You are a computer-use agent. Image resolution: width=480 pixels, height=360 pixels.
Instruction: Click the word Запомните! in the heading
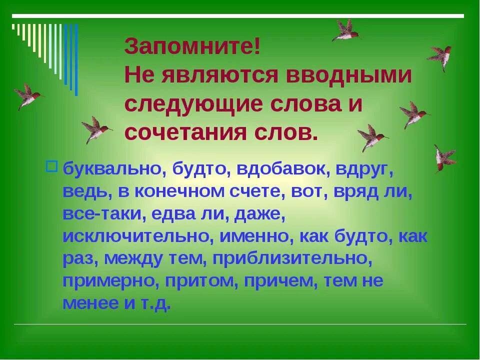pyautogui.click(x=192, y=47)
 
